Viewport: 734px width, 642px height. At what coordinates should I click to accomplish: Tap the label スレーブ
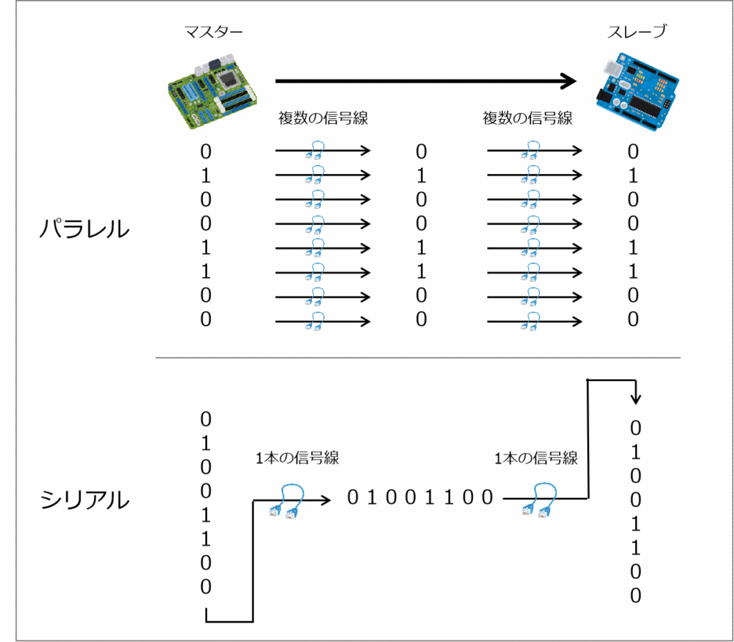pos(637,32)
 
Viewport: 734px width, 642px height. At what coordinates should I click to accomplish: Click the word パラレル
pos(85,230)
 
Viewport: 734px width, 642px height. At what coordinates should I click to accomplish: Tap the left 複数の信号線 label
pos(323,118)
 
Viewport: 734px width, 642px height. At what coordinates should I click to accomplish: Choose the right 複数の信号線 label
pos(528,118)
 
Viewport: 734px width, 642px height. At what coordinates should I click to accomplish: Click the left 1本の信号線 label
pos(297,459)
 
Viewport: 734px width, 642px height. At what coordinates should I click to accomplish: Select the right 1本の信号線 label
pos(535,458)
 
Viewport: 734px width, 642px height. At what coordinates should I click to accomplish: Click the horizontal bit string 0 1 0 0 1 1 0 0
pos(420,497)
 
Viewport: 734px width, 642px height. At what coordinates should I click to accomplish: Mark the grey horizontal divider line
pos(418,358)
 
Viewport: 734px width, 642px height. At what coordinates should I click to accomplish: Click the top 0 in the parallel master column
pos(206,152)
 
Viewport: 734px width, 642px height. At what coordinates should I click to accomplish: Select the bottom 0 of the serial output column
pos(635,595)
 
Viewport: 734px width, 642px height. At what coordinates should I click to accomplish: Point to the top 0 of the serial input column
pos(206,419)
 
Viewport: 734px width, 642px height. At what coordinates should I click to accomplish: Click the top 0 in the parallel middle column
pos(421,152)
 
